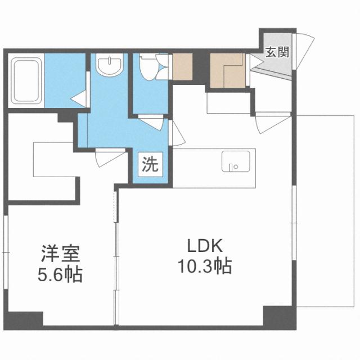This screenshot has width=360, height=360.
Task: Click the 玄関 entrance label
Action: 277,53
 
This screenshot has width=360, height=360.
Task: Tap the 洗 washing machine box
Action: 150,164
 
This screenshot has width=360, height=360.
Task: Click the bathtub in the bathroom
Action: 25,82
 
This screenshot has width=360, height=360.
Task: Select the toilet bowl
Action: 148,69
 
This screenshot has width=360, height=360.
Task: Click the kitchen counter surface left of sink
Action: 197,168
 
